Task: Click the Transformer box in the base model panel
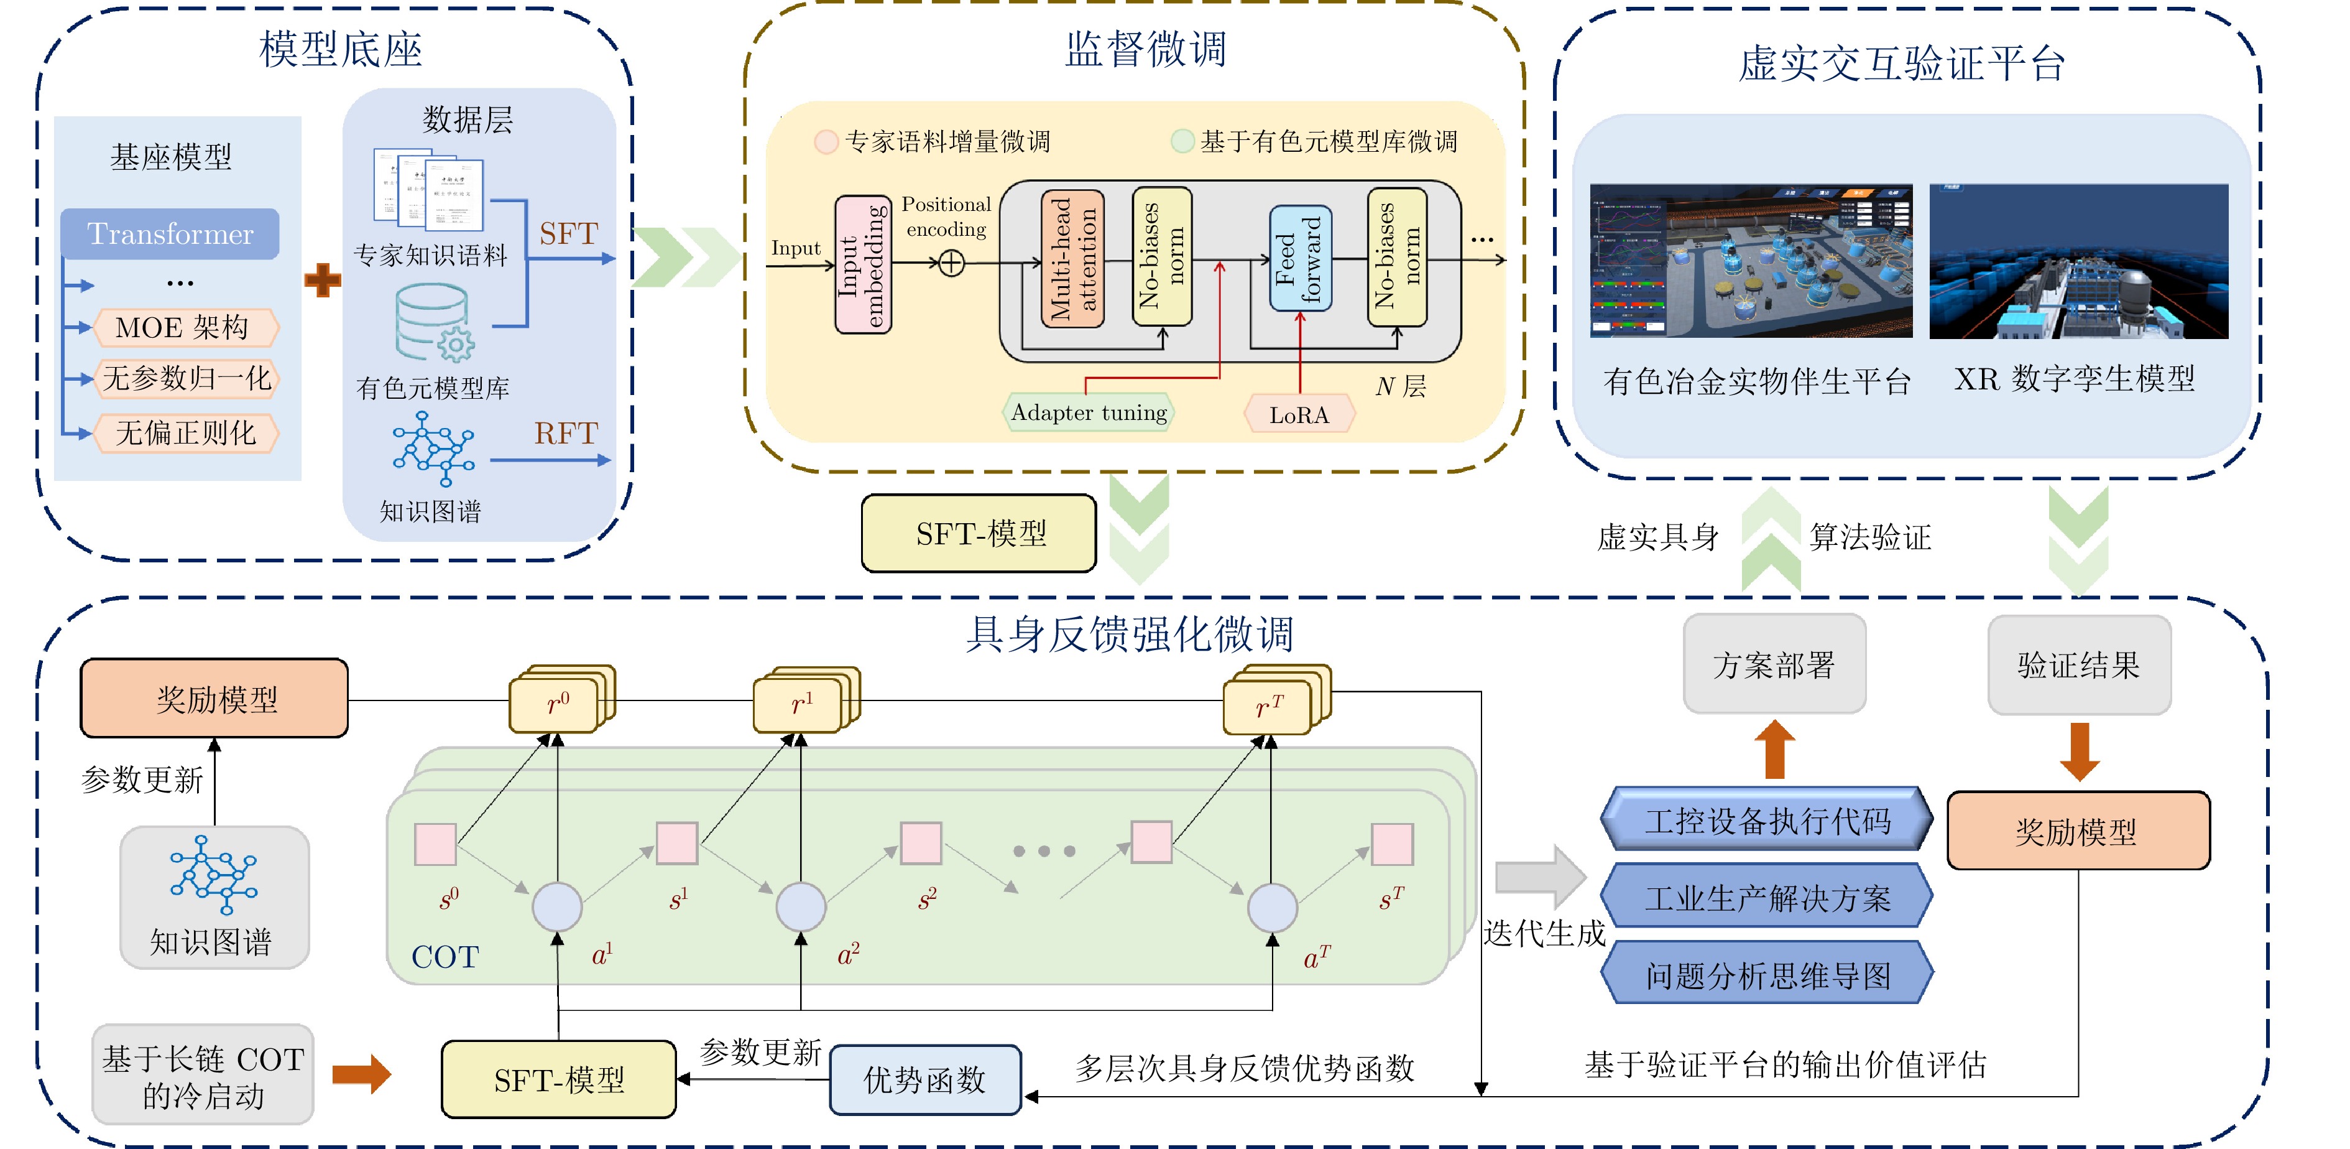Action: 170,234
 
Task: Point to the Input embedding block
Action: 863,264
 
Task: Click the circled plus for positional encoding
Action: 951,264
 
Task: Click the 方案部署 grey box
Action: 1774,664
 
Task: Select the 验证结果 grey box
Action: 2078,664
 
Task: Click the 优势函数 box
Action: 924,1080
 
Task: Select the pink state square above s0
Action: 435,844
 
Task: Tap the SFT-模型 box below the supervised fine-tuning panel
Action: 979,534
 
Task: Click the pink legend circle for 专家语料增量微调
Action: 826,141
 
